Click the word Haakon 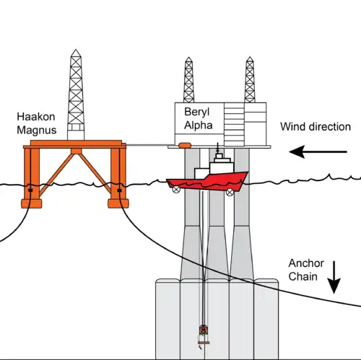tap(36, 117)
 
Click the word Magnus tap(37, 130)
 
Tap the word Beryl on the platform tap(197, 112)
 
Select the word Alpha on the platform tap(199, 126)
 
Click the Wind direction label tap(316, 127)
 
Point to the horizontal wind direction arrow tap(318, 152)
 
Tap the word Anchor tap(306, 263)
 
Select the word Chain tap(303, 276)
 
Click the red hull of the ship tap(207, 183)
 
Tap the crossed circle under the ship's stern tap(176, 190)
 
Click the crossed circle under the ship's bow tap(230, 192)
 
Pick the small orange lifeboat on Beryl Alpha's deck tap(185, 145)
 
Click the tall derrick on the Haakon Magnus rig tap(76, 95)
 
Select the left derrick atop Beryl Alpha tap(188, 80)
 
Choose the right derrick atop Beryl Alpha tap(250, 80)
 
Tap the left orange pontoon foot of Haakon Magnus tap(32, 203)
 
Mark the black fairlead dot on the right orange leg tap(119, 190)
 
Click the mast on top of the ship tap(218, 148)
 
